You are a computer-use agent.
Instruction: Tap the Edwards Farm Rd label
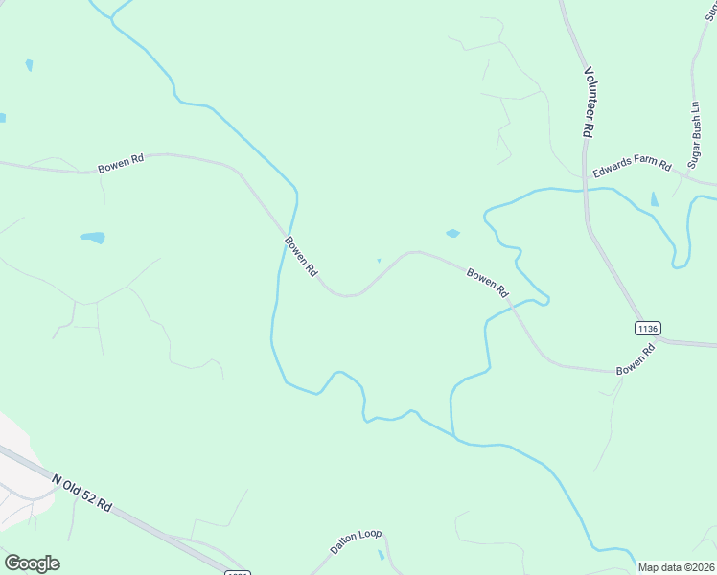[x=632, y=169]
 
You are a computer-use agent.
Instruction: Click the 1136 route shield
[x=647, y=328]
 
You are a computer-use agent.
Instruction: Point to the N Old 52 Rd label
[x=82, y=492]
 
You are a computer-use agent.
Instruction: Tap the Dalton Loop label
[x=356, y=540]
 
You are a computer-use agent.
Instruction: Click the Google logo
[x=32, y=563]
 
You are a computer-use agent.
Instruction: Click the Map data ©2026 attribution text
[x=677, y=567]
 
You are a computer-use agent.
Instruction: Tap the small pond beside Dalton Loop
[x=381, y=555]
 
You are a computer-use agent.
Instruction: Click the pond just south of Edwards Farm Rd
[x=655, y=199]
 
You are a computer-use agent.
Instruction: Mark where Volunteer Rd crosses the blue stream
[x=586, y=189]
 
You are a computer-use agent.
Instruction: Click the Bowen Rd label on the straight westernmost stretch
[x=121, y=165]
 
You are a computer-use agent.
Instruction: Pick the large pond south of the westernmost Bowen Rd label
[x=92, y=237]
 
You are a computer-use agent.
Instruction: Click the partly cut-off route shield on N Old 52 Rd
[x=238, y=572]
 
